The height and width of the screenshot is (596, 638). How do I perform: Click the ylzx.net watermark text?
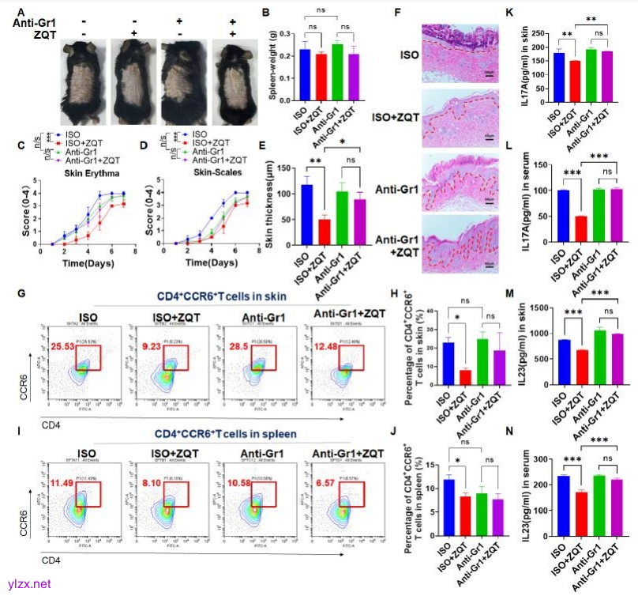pos(28,584)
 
